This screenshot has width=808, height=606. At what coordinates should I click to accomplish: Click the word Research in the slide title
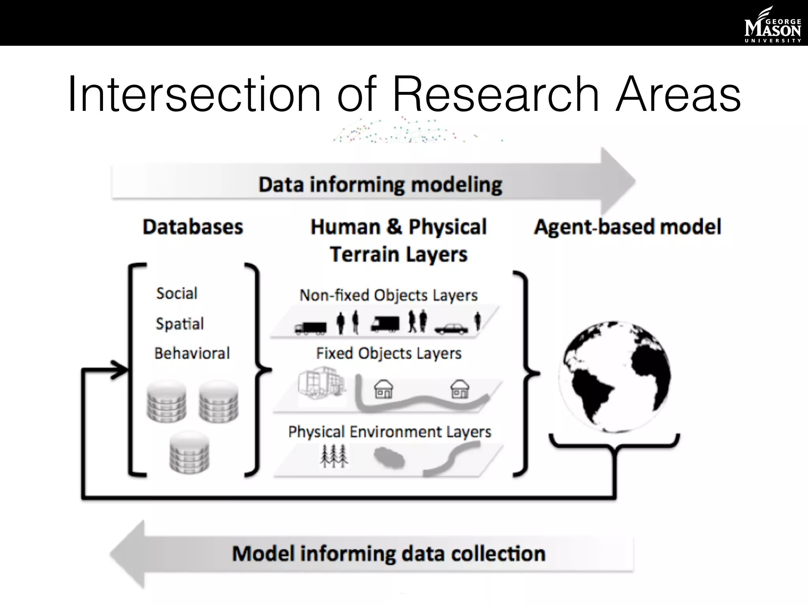tap(496, 95)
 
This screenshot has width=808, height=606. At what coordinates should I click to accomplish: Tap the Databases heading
tap(193, 227)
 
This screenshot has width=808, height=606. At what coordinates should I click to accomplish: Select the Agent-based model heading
tap(627, 227)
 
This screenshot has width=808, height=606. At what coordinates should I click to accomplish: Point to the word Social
tap(177, 294)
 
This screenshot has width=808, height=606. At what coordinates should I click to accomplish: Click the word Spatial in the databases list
tap(180, 324)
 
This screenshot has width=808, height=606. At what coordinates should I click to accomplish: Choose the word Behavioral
tap(192, 353)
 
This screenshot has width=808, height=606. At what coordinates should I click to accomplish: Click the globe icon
tap(614, 377)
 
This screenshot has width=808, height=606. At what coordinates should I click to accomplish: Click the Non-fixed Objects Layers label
tap(389, 296)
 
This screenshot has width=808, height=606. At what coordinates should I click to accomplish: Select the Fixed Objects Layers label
tap(389, 353)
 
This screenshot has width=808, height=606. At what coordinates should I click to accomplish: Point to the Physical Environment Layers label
tap(390, 432)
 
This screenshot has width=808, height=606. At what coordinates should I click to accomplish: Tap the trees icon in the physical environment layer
tap(334, 456)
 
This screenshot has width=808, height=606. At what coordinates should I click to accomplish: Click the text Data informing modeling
tap(380, 185)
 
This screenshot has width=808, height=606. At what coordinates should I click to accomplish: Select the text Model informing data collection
tap(389, 554)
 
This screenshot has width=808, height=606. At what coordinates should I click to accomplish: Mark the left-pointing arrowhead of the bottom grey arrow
tap(128, 554)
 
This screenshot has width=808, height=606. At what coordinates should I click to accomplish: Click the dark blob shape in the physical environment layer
tap(389, 458)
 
